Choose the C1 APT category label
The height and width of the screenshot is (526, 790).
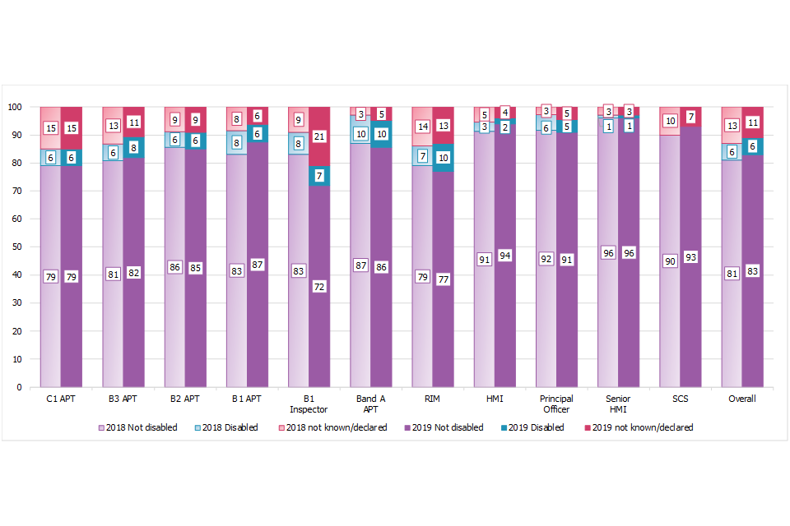(60, 399)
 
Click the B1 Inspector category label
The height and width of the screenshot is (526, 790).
(309, 404)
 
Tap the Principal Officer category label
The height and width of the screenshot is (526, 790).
(557, 404)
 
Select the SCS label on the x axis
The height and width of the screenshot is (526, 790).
(681, 399)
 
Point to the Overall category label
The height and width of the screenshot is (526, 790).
(743, 399)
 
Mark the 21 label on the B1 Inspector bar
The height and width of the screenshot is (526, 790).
(319, 136)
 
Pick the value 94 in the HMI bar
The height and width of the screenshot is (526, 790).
(505, 256)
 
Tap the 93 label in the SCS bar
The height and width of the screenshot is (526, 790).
(691, 257)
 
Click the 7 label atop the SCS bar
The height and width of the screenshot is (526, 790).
(691, 117)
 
